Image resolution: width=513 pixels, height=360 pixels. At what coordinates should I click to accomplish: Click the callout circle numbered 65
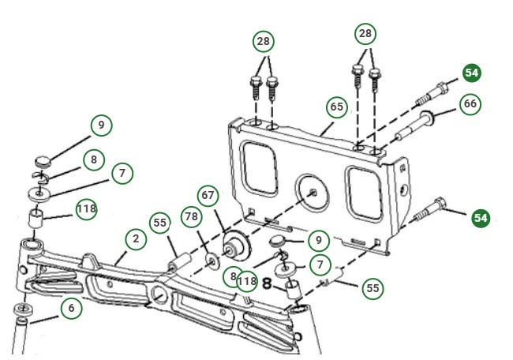point(337,107)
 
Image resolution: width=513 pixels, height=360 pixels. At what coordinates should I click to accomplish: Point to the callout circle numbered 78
point(191,218)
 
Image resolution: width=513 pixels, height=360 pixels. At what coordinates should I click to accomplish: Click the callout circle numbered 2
point(135,238)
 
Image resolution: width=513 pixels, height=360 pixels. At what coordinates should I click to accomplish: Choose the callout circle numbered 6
point(71,308)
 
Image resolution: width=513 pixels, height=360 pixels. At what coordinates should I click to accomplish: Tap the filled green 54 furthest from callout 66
point(481,216)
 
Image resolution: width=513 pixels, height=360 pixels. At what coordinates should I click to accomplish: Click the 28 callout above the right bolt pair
point(364,34)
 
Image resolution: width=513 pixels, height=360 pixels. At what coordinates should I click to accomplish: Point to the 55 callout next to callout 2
point(160,223)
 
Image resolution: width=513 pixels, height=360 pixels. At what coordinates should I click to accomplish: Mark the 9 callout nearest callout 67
point(318,237)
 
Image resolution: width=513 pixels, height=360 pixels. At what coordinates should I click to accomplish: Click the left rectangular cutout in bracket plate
point(259,169)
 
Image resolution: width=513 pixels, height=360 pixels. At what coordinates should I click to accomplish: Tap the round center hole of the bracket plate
point(313,192)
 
